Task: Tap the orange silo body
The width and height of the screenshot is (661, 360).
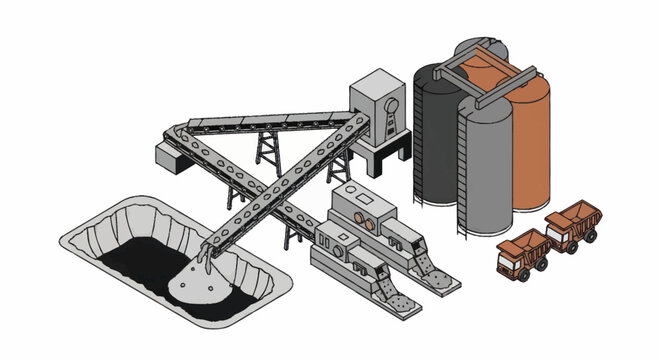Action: pos(530,140)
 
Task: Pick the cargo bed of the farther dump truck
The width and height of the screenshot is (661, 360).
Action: pos(573,213)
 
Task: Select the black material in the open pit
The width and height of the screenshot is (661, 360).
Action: pos(135,265)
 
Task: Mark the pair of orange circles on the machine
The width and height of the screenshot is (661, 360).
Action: pos(369,216)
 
